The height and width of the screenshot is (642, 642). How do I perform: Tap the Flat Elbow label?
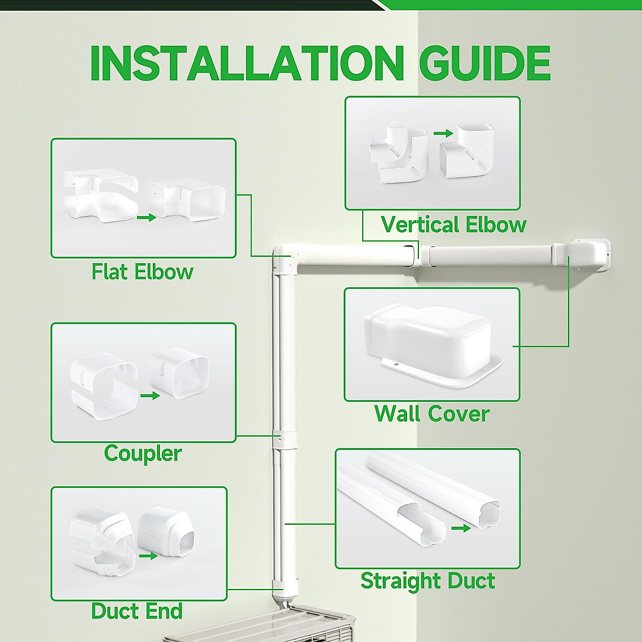(142, 272)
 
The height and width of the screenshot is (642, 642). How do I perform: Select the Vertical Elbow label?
(454, 225)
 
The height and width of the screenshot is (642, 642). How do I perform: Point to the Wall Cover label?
(432, 414)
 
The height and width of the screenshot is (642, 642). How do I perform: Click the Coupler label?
(143, 453)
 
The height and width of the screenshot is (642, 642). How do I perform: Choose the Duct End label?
(137, 611)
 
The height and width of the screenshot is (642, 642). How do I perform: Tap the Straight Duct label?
(427, 580)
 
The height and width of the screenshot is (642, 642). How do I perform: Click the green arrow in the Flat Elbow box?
(146, 218)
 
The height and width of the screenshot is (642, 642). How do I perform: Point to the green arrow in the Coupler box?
(150, 396)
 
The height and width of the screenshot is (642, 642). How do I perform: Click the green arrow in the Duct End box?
(148, 556)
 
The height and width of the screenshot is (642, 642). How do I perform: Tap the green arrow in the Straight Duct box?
(461, 529)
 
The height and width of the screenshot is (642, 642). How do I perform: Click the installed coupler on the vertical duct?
(279, 439)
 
